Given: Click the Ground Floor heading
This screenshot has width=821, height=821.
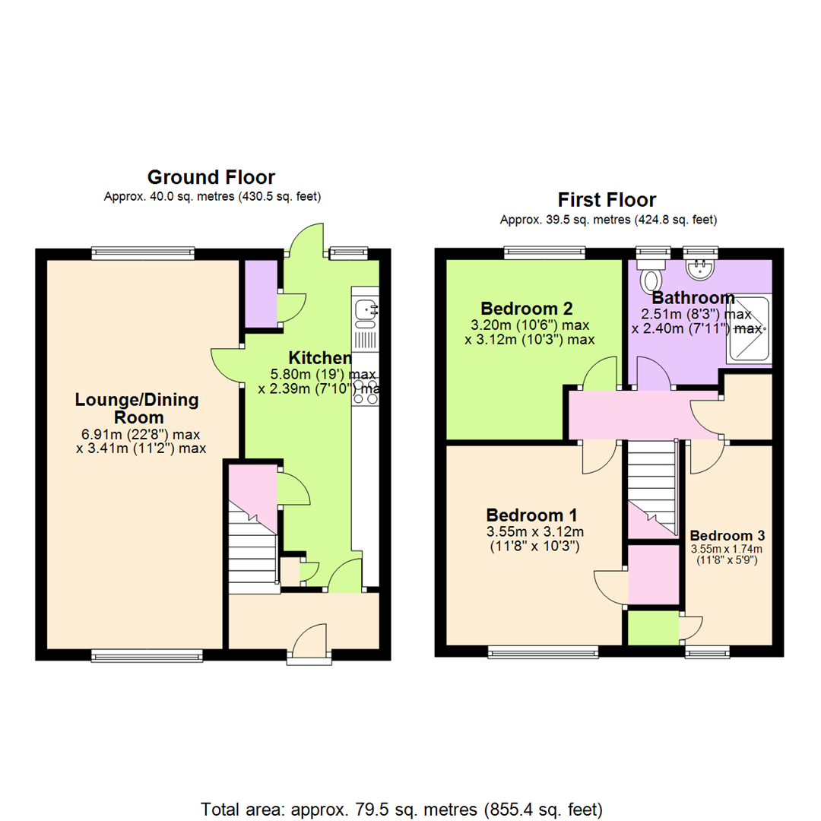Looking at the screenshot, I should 211,178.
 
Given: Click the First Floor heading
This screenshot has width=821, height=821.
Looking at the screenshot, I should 607,200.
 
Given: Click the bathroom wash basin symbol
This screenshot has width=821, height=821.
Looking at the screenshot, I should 699,268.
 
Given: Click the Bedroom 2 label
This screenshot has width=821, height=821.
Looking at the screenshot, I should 527,309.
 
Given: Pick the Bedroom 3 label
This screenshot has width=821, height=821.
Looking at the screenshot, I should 726,534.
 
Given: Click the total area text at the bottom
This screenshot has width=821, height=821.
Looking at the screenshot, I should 403,807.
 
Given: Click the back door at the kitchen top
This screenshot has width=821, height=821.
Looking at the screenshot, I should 306,241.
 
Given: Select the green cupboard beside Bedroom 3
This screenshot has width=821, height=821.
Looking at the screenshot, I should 652,628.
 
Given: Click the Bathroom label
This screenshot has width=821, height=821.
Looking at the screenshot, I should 693,298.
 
